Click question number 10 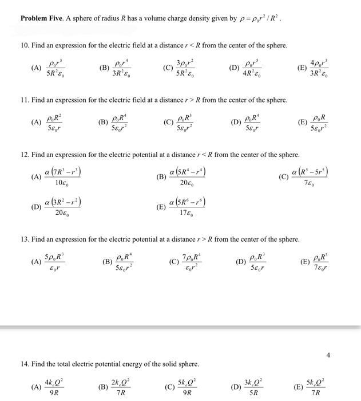pos(23,45)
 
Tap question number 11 pos(23,100)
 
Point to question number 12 pos(23,155)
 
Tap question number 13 pos(23,239)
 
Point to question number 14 pos(23,364)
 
